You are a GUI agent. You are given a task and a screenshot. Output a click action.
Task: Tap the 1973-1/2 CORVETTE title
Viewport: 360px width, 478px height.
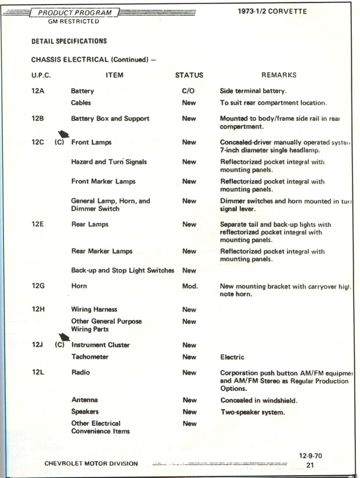click(272, 12)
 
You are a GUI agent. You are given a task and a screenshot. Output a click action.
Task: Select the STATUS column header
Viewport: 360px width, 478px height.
click(189, 75)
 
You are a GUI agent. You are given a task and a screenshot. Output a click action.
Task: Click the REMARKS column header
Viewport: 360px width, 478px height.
click(279, 75)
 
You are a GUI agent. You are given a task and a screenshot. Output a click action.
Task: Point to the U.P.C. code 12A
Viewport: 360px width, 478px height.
click(38, 91)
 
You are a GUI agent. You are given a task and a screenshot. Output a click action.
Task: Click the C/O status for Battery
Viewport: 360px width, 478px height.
click(189, 91)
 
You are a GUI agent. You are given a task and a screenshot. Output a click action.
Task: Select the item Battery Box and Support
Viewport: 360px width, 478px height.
click(110, 118)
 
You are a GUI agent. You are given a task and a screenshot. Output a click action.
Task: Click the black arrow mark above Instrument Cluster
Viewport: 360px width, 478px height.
click(65, 337)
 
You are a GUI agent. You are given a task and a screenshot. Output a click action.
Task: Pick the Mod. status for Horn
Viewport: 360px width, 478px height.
click(190, 286)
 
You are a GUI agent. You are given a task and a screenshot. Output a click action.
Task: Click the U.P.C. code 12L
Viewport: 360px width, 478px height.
click(38, 372)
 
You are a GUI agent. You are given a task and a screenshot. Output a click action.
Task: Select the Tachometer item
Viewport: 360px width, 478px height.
click(89, 357)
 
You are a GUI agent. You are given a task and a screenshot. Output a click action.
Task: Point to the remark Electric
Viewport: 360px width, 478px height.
click(232, 357)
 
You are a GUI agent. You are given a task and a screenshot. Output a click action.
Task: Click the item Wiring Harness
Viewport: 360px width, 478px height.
click(94, 310)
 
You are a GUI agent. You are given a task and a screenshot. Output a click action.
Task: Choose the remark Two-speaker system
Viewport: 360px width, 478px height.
click(253, 412)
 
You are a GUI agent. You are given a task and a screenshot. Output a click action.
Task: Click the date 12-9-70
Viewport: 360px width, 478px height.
click(311, 456)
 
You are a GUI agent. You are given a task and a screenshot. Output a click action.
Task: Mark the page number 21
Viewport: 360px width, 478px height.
click(310, 465)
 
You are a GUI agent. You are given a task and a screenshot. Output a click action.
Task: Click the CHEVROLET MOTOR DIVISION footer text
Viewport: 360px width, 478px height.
click(91, 463)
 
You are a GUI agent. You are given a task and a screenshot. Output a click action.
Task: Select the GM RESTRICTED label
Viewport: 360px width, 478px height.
click(74, 22)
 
